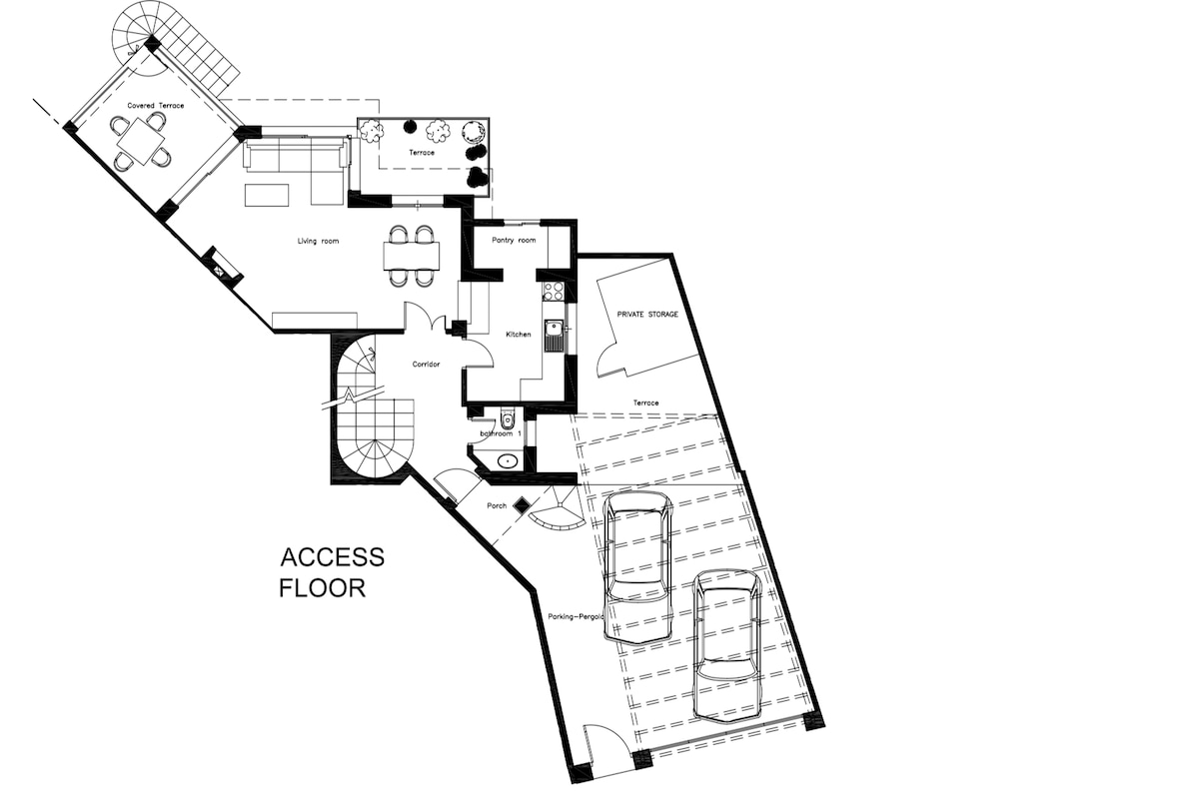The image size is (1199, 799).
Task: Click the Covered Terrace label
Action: pos(155,106)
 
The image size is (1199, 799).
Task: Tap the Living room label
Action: pos(318,241)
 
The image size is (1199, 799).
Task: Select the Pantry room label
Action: pos(514,240)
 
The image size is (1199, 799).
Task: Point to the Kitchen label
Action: pos(519,334)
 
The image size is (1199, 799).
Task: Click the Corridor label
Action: pos(426,364)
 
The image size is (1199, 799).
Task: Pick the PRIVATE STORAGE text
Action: pos(647,315)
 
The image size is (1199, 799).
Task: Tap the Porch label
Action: pos(497,505)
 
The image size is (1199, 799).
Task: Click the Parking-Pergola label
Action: pos(576,616)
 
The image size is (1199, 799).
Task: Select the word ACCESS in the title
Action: pos(333,557)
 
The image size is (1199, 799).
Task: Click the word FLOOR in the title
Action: pos(322,587)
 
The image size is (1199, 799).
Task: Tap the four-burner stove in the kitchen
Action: pos(554,292)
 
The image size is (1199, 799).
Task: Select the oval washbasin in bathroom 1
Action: pos(507,460)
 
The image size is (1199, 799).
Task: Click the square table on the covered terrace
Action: pos(141,141)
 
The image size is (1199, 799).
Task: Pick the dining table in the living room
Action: pos(412,256)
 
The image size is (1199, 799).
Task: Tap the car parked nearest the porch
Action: pos(638,567)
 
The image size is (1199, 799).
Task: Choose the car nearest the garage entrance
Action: pos(728,645)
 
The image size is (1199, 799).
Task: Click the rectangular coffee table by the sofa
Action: pos(267,195)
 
